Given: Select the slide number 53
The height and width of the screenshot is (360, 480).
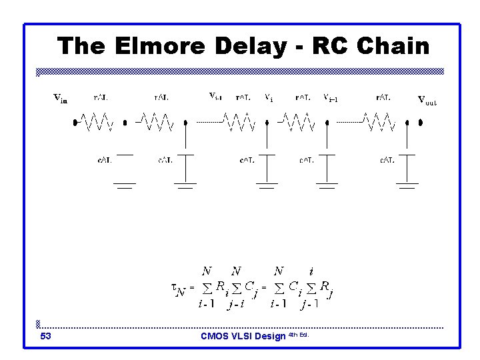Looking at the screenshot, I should click(x=46, y=337).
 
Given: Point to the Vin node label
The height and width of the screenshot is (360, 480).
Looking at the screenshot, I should click(x=60, y=100).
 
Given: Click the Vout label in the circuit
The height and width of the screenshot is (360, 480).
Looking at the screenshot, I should click(x=427, y=101).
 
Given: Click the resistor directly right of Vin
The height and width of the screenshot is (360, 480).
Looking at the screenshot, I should click(x=97, y=122).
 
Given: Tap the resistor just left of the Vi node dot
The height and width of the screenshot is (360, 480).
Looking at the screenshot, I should click(x=238, y=122).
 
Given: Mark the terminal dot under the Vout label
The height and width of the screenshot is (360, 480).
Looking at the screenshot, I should click(x=421, y=123).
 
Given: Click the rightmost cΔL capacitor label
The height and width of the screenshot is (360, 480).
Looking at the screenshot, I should click(x=387, y=160).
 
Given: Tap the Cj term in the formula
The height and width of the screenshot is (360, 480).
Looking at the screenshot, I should click(x=251, y=287).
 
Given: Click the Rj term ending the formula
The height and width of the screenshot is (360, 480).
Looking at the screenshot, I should click(x=327, y=287).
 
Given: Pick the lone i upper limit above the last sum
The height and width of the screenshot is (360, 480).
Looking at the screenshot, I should click(x=311, y=271).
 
